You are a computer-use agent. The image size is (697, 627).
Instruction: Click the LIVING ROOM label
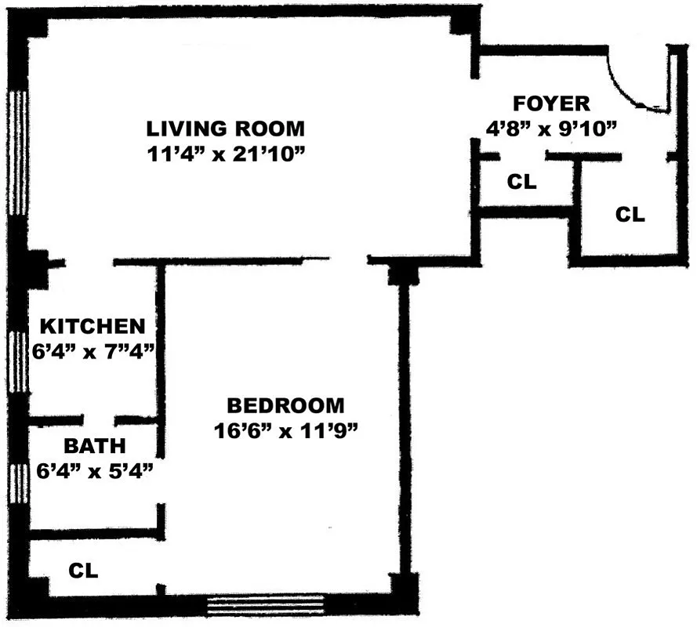tap(225, 129)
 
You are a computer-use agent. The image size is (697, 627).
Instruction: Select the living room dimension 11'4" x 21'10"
tap(225, 154)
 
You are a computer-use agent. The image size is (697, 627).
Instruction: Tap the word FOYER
tap(551, 103)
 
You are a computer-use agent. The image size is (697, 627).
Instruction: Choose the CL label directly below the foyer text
tap(521, 183)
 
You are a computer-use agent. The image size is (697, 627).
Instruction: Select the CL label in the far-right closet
tap(630, 215)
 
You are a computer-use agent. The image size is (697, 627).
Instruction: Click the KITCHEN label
tap(93, 326)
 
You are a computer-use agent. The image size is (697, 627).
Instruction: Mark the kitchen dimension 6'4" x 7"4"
tap(93, 352)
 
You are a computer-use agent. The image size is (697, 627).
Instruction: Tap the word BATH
tap(94, 446)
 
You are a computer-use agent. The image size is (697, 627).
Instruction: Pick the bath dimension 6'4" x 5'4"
tap(94, 471)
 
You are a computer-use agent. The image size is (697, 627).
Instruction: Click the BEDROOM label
tap(285, 406)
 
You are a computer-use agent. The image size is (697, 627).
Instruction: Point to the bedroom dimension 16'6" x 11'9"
tap(285, 431)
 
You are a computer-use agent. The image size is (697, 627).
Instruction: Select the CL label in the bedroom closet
tap(83, 571)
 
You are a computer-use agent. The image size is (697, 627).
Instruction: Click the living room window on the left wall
tap(18, 153)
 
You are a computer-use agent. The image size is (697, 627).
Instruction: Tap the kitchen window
tap(20, 361)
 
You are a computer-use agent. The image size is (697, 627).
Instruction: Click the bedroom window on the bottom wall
tap(266, 606)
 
